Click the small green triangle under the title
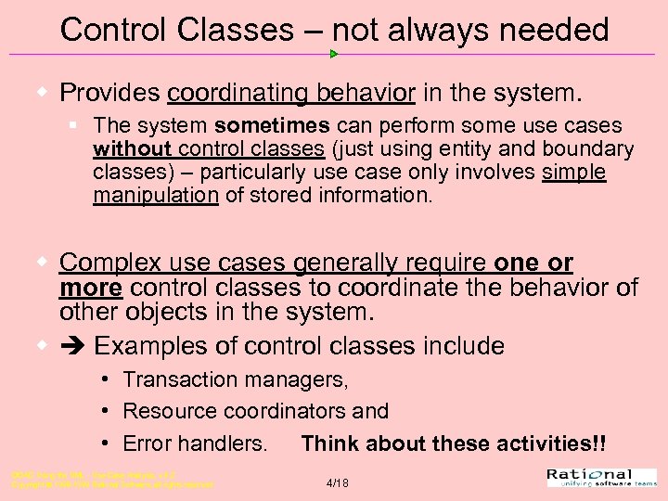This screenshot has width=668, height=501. coord(334,54)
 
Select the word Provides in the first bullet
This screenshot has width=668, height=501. coord(110,93)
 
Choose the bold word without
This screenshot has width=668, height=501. coord(133,148)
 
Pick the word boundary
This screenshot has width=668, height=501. coord(587,148)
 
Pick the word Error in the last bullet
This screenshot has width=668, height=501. coord(147,443)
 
